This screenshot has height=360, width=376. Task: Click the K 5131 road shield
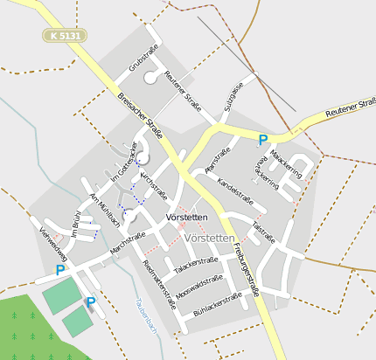click(66, 36)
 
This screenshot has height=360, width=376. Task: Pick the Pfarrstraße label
click(218, 159)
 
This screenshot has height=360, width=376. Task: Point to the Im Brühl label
click(76, 225)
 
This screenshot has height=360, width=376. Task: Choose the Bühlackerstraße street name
click(217, 303)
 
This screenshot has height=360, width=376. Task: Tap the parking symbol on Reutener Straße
click(262, 139)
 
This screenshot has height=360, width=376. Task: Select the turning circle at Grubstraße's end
click(150, 78)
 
